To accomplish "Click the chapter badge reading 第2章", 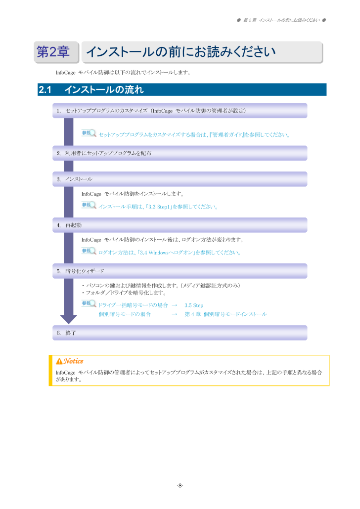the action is click(x=56, y=52).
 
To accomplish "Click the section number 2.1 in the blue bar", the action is click(x=45, y=89).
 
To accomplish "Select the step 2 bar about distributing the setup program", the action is click(x=180, y=153).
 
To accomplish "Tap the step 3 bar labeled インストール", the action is click(x=180, y=179).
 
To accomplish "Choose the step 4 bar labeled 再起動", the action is click(x=180, y=225).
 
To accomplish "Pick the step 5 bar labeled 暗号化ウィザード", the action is click(x=180, y=271).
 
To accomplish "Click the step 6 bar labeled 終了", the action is click(x=180, y=333).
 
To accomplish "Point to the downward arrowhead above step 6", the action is click(x=69, y=319).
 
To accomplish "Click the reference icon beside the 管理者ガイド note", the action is click(x=89, y=133).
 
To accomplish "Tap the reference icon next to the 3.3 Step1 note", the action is click(x=89, y=205).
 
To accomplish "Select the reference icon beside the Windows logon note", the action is click(x=89, y=251).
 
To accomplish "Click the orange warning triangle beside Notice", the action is click(x=59, y=361).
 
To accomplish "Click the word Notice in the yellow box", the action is click(x=73, y=361).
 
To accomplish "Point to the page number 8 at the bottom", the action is click(x=180, y=486).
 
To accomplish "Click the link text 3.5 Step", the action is click(x=194, y=305).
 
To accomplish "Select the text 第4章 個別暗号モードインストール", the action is click(x=226, y=314).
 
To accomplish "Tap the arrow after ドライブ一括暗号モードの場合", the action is click(x=175, y=305).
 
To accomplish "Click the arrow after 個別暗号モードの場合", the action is click(x=175, y=314).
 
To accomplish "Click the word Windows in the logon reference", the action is click(x=159, y=253).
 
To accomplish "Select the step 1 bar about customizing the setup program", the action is click(x=180, y=111).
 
